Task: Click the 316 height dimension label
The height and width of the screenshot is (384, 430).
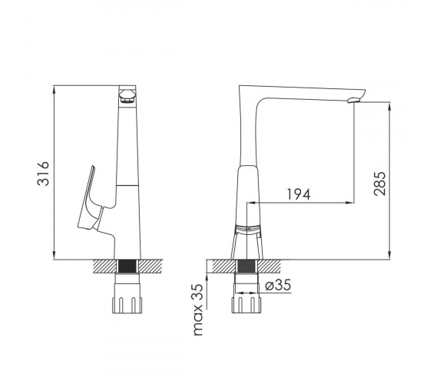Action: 43,174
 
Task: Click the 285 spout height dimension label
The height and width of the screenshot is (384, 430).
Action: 380,184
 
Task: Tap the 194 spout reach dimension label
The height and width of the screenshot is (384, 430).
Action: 299,194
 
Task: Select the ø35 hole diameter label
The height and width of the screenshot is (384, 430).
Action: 278,285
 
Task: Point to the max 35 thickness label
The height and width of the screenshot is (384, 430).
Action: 198,310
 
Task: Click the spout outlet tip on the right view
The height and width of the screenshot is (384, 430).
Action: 354,100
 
